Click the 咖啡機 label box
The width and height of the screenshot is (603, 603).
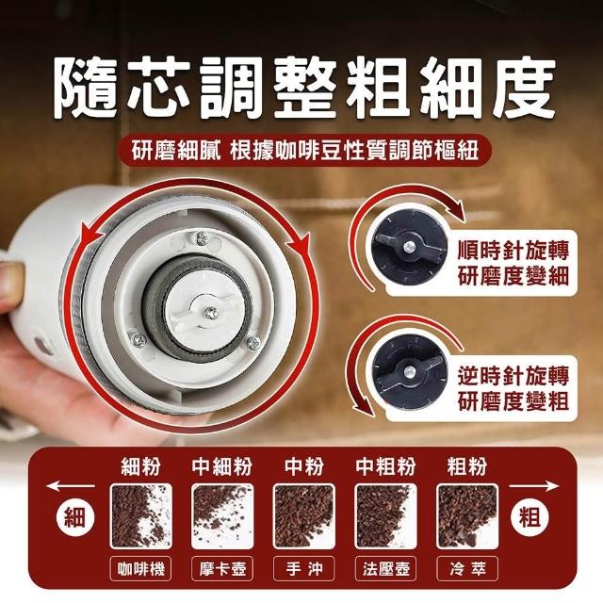pyautogui.click(x=141, y=568)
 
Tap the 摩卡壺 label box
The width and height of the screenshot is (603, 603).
pyautogui.click(x=222, y=568)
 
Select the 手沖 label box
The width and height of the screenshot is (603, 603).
pyautogui.click(x=303, y=568)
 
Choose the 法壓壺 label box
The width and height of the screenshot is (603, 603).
pyautogui.click(x=385, y=568)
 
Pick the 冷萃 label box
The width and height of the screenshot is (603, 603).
pyautogui.click(x=467, y=568)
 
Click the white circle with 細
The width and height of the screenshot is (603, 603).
pyautogui.click(x=74, y=516)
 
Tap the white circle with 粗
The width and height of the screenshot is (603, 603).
pyautogui.click(x=530, y=516)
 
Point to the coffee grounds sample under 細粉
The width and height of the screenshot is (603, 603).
pyautogui.click(x=141, y=516)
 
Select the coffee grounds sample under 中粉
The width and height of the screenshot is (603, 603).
pyautogui.click(x=303, y=516)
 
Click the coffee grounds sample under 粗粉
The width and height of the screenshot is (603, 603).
pyautogui.click(x=467, y=516)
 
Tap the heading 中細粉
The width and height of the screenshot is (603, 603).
pyautogui.click(x=222, y=466)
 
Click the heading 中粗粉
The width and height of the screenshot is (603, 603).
pyautogui.click(x=385, y=466)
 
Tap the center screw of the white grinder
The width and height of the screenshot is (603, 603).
pyautogui.click(x=211, y=313)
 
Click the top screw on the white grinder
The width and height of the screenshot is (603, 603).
pyautogui.click(x=202, y=238)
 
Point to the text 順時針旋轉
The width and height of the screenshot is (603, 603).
pyautogui.click(x=513, y=250)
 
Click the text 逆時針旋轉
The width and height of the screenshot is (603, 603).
pyautogui.click(x=513, y=375)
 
